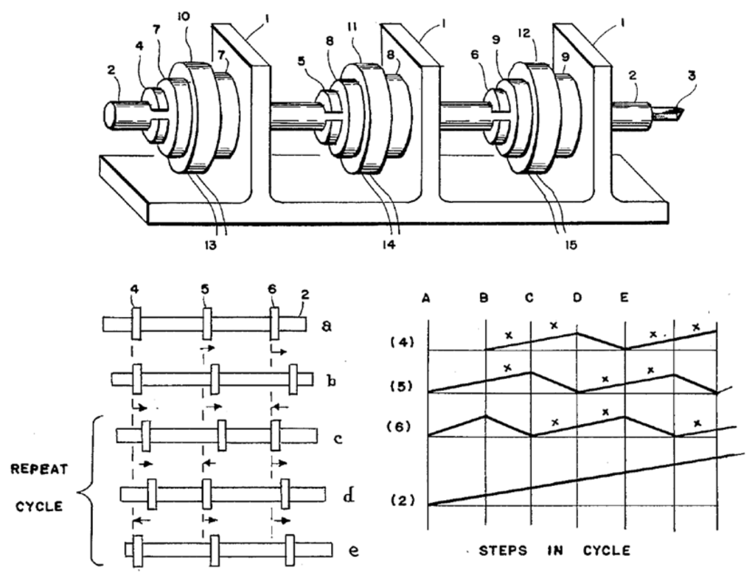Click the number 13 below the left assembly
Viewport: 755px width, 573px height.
click(211, 246)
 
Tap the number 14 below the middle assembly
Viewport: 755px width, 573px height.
click(389, 246)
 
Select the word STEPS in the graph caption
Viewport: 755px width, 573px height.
click(501, 550)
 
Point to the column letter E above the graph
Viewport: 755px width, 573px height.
click(624, 298)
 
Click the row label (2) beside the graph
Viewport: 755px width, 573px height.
click(401, 502)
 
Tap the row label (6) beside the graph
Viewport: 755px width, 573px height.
click(402, 427)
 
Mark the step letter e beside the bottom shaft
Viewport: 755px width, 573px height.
click(354, 550)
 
